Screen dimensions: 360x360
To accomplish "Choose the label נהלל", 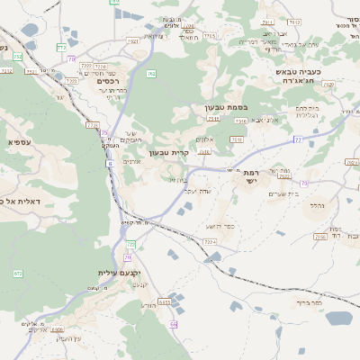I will tap(317, 205).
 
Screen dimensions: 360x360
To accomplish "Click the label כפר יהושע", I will tap(219, 226).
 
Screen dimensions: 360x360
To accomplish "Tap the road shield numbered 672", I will tap(17, 273).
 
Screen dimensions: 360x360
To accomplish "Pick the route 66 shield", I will tap(174, 323).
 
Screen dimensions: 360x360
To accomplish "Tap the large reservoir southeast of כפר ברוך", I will tap(337, 318).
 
